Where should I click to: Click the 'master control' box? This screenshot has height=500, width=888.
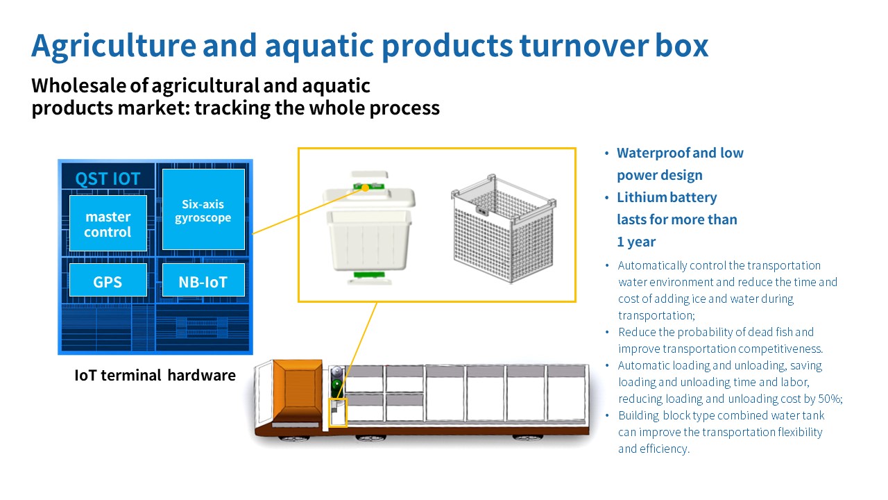tap(108, 224)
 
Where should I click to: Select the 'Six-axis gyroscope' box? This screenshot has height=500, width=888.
tap(203, 210)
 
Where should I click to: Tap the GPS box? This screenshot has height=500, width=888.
tap(108, 281)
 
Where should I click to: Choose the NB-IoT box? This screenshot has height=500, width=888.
tap(203, 281)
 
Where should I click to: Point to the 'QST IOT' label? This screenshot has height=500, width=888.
tap(108, 179)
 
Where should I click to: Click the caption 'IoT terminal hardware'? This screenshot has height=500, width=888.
tap(155, 376)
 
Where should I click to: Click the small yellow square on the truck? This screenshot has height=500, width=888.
tap(336, 412)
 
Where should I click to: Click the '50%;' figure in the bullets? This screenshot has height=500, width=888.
tap(829, 399)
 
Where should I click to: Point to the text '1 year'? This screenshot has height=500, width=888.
tap(636, 242)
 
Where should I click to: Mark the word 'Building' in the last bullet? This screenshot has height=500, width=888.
tap(638, 416)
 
